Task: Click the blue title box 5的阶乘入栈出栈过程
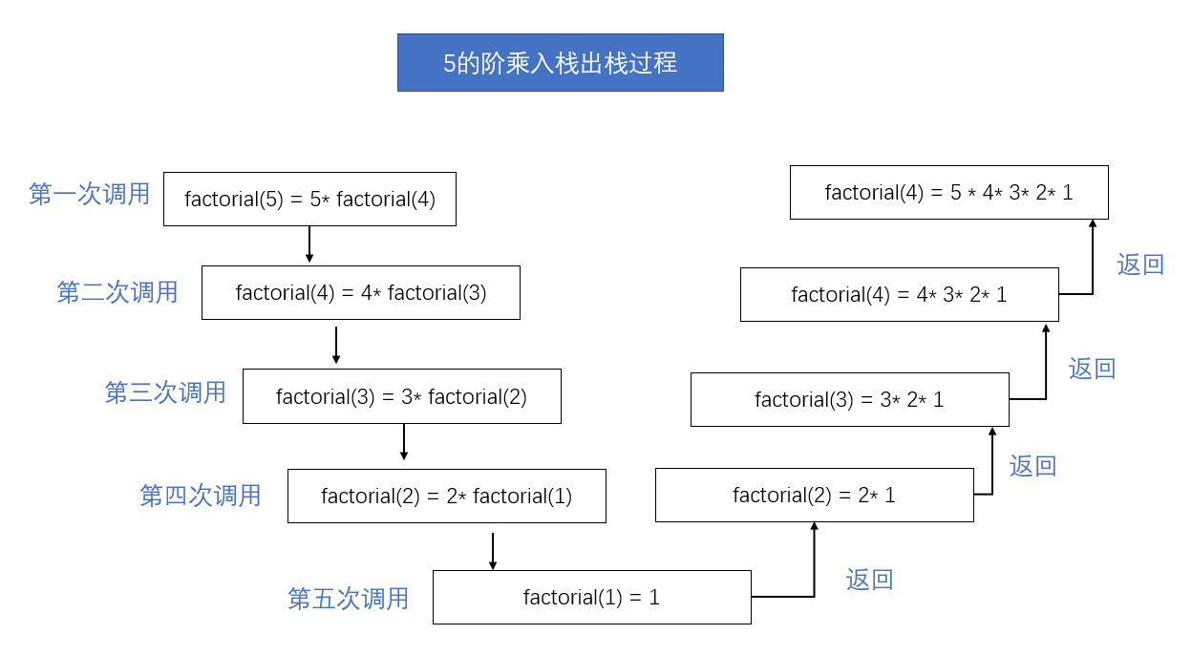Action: click(561, 63)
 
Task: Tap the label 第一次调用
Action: click(90, 194)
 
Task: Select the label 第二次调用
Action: click(117, 292)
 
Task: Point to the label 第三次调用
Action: click(165, 392)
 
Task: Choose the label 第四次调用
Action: click(200, 496)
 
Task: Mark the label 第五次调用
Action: click(348, 599)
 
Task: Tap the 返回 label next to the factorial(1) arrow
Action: click(869, 580)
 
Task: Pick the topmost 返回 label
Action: click(1140, 265)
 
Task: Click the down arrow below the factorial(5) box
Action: click(309, 244)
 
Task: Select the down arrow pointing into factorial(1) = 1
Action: click(493, 551)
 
